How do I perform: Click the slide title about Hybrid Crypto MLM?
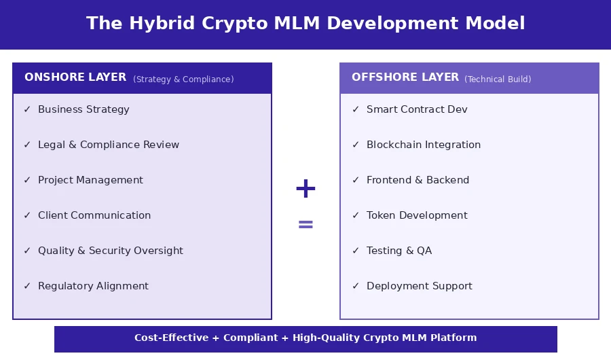point(305,24)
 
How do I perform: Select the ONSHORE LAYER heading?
point(75,77)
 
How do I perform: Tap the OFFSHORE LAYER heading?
point(405,77)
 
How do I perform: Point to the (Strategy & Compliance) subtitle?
point(183,79)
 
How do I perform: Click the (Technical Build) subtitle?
point(498,79)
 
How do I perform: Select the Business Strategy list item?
point(84,109)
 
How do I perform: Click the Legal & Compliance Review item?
point(109,145)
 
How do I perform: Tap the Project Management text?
point(90,180)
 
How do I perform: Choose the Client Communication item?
point(94,215)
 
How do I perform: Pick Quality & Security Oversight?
point(111,251)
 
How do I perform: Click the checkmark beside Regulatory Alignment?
point(27,286)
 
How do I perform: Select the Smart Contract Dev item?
point(417,109)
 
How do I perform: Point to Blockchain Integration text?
point(424,145)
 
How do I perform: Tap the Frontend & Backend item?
point(418,180)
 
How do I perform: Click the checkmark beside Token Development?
point(356,215)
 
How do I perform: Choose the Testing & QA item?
point(399,251)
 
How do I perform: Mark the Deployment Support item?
point(419,286)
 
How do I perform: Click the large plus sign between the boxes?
point(305,189)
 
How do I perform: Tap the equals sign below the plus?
point(305,224)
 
